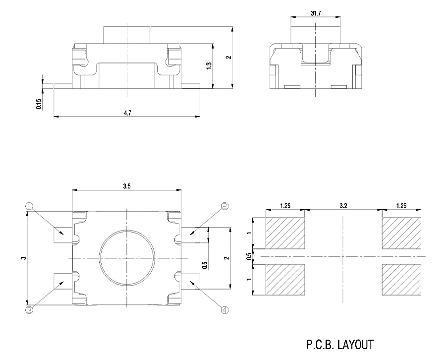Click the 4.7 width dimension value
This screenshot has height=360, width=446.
tap(127, 113)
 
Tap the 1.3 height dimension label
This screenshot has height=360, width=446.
tap(209, 65)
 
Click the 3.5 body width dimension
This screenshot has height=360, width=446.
tap(127, 186)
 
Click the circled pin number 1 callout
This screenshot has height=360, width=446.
tap(29, 206)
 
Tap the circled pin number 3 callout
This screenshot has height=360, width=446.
tap(29, 310)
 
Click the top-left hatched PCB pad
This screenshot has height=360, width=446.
tap(285, 233)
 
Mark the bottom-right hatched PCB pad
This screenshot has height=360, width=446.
tap(401, 280)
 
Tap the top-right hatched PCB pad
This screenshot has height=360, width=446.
tap(401, 233)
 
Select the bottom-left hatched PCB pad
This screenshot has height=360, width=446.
tap(285, 280)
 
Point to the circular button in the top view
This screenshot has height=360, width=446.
tap(127, 258)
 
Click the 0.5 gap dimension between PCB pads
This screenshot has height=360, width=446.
tap(249, 256)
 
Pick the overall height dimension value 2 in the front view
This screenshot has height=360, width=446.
tap(228, 58)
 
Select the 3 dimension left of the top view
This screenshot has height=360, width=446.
tap(23, 258)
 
